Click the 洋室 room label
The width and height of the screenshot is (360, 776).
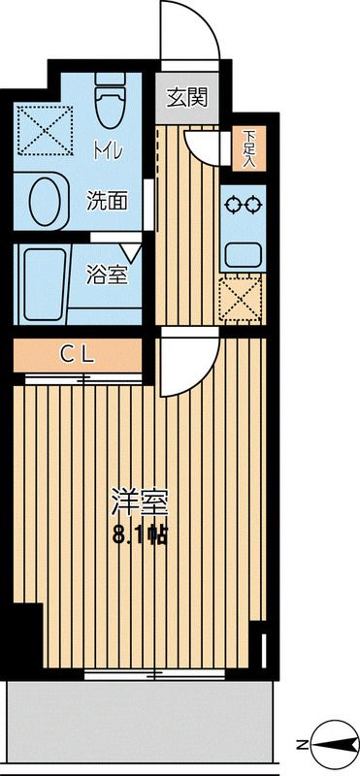tap(141, 504)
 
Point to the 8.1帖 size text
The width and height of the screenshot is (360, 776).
tap(141, 534)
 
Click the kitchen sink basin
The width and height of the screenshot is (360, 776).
tap(243, 255)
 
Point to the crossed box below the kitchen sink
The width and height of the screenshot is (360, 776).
tap(243, 298)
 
